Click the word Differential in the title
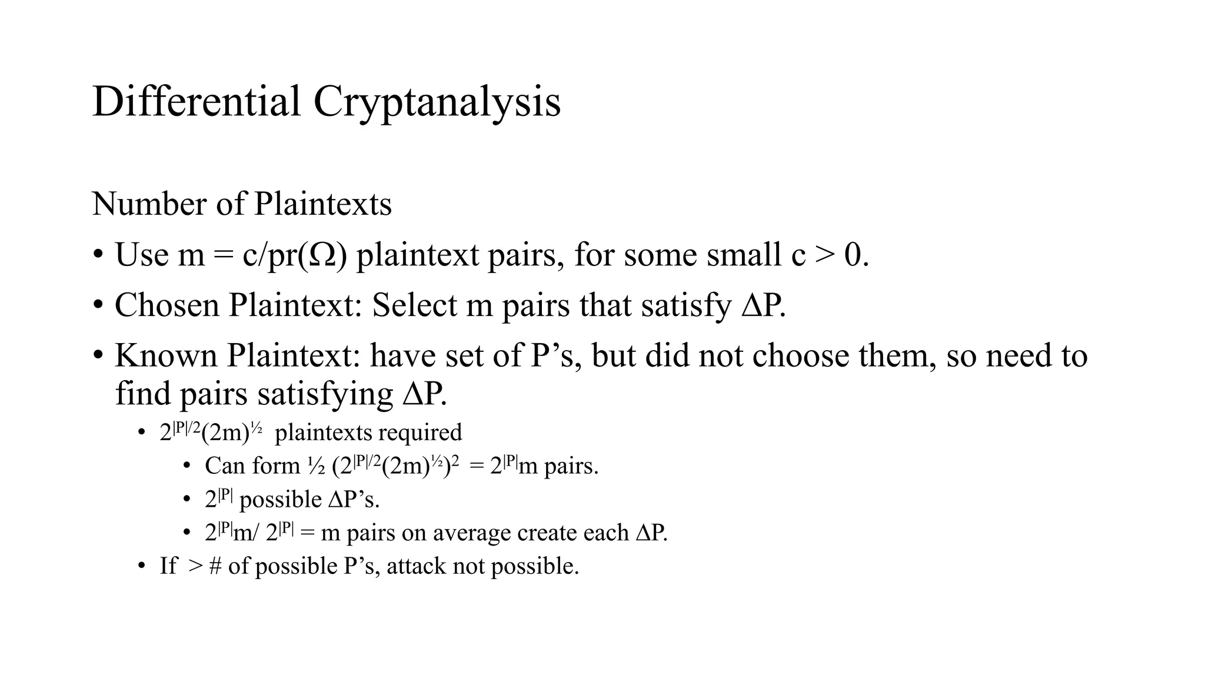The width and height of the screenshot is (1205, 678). click(x=197, y=101)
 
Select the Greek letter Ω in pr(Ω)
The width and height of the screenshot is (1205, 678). click(x=323, y=255)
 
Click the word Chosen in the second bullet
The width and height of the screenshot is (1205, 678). click(x=167, y=305)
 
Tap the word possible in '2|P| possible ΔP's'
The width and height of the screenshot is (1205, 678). click(x=280, y=500)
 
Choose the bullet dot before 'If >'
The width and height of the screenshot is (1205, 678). click(x=141, y=567)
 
